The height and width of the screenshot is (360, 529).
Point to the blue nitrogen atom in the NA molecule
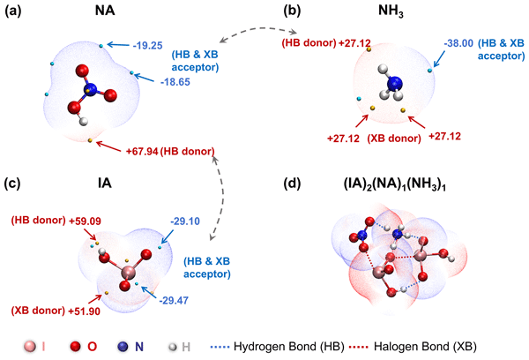click(91, 87)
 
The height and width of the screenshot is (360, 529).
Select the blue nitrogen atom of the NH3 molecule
click(394, 85)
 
